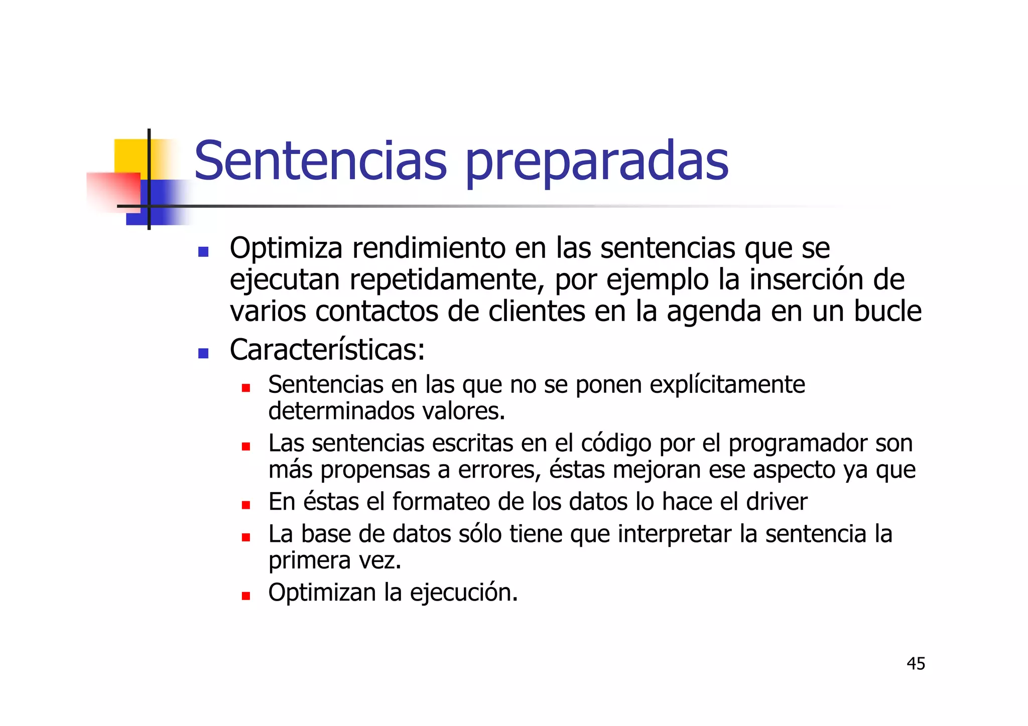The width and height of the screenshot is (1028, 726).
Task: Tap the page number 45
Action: click(x=916, y=664)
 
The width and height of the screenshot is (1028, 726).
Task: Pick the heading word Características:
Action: click(x=327, y=350)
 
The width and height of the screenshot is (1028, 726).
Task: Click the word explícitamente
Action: click(x=727, y=385)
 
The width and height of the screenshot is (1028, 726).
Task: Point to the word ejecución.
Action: click(x=463, y=593)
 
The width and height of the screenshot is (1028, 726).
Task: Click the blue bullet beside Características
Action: click(x=203, y=353)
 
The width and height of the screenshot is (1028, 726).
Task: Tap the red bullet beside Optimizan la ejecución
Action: click(x=245, y=596)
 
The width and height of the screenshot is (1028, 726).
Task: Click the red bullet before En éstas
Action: click(x=245, y=505)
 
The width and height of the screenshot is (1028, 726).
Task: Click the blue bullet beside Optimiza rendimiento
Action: click(x=203, y=252)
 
